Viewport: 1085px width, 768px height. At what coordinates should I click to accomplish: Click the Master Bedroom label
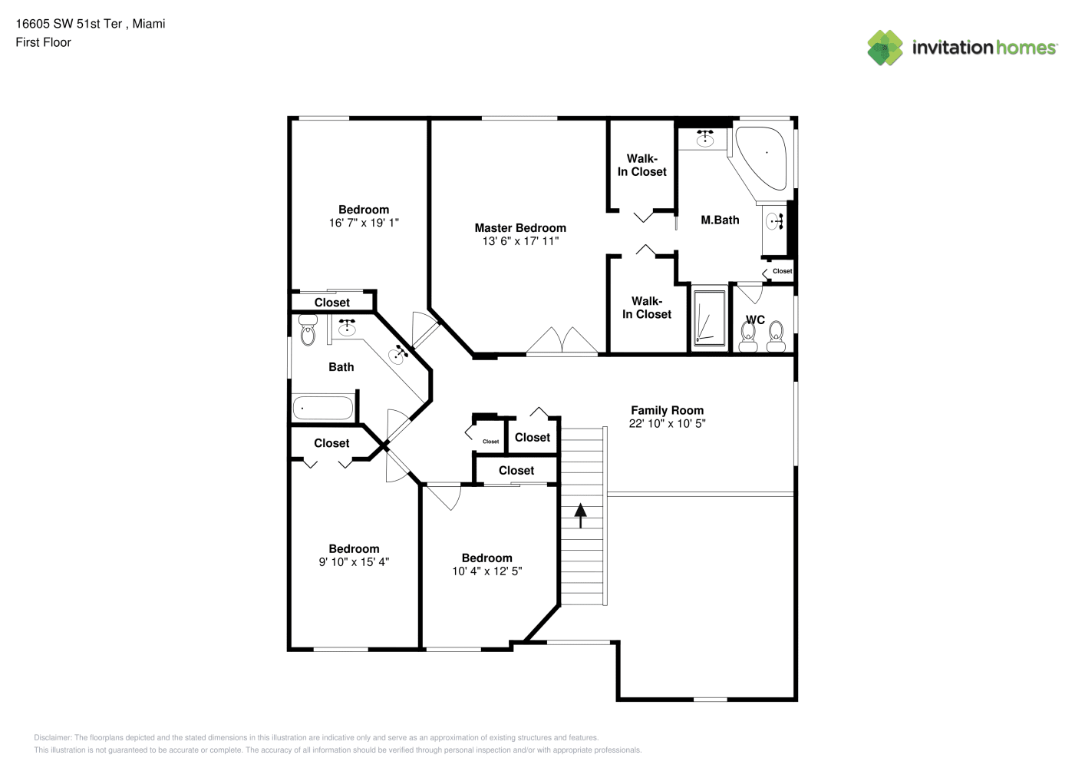[520, 228]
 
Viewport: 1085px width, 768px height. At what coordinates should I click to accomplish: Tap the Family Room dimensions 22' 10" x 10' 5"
[667, 424]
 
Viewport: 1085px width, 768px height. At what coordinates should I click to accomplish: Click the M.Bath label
[720, 220]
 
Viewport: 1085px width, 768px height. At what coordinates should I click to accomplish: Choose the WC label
[755, 319]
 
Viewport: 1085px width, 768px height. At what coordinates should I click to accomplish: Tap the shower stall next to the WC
[709, 318]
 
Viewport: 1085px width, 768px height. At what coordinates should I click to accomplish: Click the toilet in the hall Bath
[308, 330]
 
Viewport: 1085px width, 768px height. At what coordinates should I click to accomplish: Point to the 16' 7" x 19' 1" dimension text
[364, 223]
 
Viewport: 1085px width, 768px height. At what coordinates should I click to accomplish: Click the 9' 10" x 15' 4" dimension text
[354, 562]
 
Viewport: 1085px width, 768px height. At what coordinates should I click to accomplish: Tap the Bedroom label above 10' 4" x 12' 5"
[486, 558]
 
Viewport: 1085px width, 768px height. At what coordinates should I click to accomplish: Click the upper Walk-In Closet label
[641, 165]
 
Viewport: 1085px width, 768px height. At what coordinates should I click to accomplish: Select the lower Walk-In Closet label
[647, 308]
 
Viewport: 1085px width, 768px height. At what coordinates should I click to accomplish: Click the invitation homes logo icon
[885, 48]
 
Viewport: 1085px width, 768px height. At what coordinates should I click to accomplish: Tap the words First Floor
[43, 43]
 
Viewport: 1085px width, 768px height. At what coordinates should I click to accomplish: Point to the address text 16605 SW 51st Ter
[69, 24]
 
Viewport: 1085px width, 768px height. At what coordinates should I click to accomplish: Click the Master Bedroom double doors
[562, 341]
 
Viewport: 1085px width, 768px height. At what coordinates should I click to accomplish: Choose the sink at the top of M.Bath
[704, 139]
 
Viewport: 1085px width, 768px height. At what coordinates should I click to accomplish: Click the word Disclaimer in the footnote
[52, 737]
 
